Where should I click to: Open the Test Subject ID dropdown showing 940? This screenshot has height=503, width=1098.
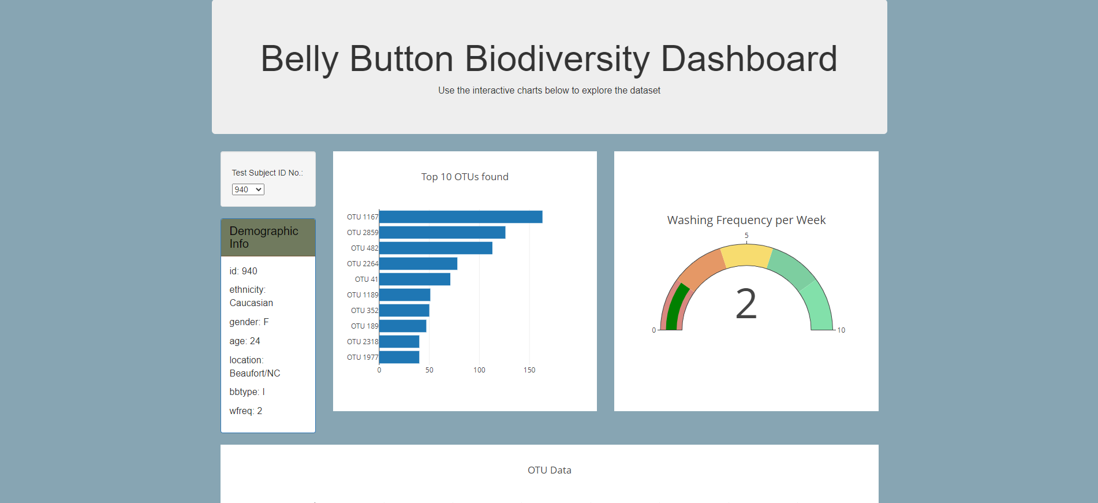tap(248, 189)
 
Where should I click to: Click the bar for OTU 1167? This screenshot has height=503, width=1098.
tap(460, 217)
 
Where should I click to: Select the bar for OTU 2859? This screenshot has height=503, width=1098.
tap(442, 232)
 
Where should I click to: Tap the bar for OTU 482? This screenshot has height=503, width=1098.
tap(435, 248)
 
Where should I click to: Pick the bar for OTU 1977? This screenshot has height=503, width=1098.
tap(399, 357)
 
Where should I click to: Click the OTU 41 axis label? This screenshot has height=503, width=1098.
tap(366, 280)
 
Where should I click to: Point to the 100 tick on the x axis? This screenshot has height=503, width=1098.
tap(479, 370)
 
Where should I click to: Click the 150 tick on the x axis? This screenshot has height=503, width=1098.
tap(529, 370)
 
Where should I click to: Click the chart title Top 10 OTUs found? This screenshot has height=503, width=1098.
tap(465, 177)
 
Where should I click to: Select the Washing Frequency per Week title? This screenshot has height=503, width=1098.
tap(746, 220)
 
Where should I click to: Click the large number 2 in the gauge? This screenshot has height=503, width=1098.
tap(746, 304)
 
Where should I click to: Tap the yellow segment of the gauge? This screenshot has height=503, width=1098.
tap(746, 255)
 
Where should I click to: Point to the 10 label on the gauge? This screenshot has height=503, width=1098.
tap(841, 330)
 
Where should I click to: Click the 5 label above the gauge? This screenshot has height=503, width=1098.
tap(746, 236)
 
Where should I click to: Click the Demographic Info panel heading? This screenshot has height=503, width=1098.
tap(264, 237)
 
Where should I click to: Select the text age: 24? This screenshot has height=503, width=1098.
tap(245, 341)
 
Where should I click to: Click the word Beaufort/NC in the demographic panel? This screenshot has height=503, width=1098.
tap(255, 374)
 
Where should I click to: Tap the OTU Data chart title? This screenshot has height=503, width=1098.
tap(549, 470)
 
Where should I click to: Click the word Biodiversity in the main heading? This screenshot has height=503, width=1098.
tap(557, 59)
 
